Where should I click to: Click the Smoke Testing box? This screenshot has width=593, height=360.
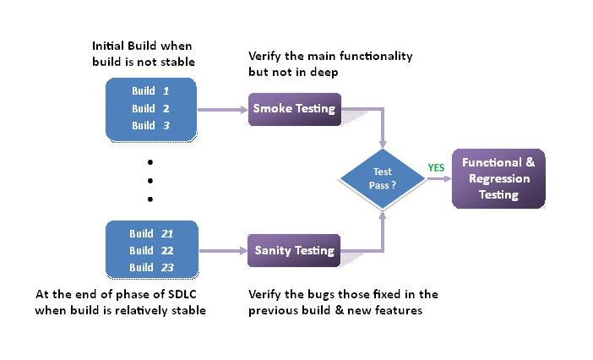294,109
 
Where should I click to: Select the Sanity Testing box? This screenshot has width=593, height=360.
294,250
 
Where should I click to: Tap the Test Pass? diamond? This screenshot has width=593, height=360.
383,177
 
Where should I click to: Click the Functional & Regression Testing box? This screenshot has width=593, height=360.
498,178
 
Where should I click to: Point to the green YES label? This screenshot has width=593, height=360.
436,167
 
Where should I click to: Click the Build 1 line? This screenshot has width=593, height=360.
150,90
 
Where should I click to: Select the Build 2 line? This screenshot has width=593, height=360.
150,108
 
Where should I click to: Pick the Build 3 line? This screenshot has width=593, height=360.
150,125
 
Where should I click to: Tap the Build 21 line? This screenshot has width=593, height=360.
152,233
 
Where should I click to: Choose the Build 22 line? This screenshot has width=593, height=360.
152,250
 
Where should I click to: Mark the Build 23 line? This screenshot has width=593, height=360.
152,267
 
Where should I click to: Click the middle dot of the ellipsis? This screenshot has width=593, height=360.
150,180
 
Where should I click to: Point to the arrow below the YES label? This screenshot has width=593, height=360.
438,178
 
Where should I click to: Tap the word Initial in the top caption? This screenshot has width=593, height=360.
109,45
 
